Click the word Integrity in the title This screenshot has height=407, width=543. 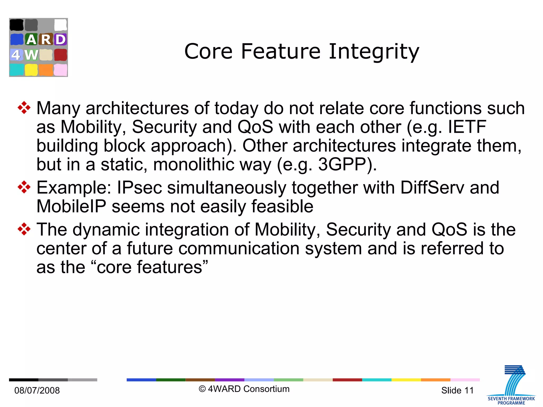374,52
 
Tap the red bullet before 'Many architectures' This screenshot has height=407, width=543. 24,108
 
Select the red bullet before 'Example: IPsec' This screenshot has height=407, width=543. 24,187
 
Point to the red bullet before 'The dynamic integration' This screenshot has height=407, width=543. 24,229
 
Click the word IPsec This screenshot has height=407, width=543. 139,188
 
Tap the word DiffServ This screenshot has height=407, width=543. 432,188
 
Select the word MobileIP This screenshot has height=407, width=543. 71,206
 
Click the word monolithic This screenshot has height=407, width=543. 194,165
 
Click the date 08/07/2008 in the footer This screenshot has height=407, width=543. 37,390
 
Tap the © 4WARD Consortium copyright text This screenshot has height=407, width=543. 244,389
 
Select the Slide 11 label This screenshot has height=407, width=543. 457,390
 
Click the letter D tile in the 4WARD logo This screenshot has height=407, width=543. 60,40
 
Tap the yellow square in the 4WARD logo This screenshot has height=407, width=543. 31,70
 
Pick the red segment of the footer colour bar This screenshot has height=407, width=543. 347,380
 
